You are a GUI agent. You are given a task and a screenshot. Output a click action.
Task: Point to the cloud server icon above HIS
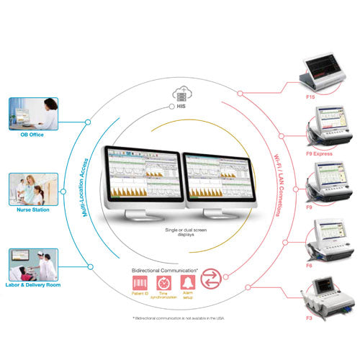[x=181, y=93]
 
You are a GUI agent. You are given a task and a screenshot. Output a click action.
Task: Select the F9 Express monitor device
[x=328, y=130]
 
